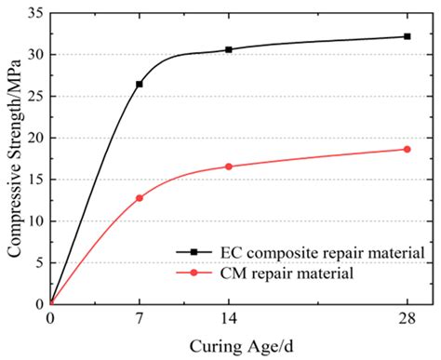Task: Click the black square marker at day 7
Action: tap(140, 84)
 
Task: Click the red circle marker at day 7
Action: tap(140, 197)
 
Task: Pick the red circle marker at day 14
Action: tap(229, 167)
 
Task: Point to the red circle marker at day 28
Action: tap(407, 149)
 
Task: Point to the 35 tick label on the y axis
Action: tap(34, 13)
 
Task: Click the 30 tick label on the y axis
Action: tap(34, 54)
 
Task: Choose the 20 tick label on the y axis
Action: tap(34, 138)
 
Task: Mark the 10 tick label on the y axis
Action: tap(34, 220)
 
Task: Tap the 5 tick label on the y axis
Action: tap(38, 262)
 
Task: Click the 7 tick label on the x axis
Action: tap(140, 317)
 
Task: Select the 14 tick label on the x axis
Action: tap(229, 317)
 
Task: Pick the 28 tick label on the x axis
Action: tap(407, 317)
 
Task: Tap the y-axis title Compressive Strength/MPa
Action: tap(13, 158)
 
